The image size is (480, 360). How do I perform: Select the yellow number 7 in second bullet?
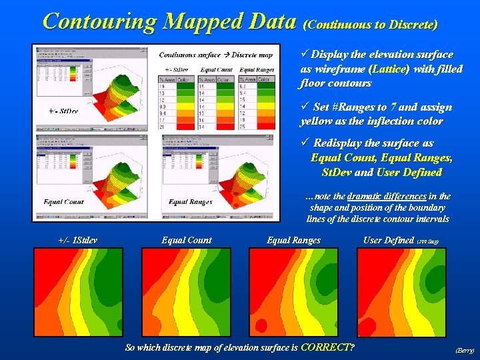tap(394, 107)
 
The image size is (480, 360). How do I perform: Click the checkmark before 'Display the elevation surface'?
tap(304, 53)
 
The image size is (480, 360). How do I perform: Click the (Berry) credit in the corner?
tap(464, 349)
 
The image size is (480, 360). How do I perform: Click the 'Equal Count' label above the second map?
tap(187, 240)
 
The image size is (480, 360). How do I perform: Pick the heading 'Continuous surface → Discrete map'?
tap(215, 54)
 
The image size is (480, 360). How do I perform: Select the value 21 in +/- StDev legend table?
tap(163, 126)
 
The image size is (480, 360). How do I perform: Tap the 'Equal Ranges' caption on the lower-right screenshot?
tap(191, 201)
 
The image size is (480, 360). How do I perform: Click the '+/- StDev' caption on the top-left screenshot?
tap(63, 111)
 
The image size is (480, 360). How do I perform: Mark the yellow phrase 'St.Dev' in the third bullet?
tap(335, 172)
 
